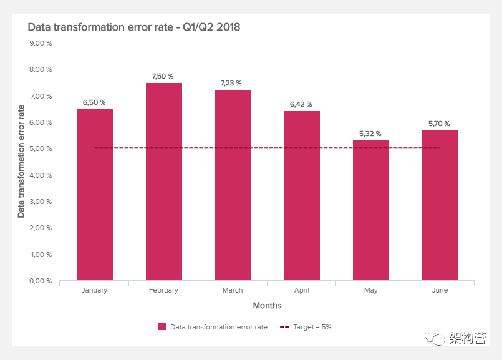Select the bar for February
point(164,182)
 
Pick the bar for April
point(302,196)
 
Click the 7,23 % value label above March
point(233,83)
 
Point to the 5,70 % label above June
point(440,124)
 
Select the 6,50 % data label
point(95,102)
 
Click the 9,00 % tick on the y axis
point(41,43)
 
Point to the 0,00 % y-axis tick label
point(41,281)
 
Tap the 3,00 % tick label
point(41,202)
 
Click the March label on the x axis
point(233,291)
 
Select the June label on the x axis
point(440,291)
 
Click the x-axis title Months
point(267,306)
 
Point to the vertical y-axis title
point(21,162)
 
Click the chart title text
point(134,27)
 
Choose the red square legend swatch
point(162,326)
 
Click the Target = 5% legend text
point(314,326)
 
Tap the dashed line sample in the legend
point(284,326)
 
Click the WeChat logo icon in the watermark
point(435,338)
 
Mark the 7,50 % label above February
point(164,76)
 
